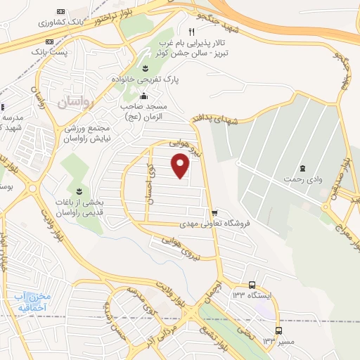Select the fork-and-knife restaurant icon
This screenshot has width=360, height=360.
(191, 32)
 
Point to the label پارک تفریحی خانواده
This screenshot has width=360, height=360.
(143, 80)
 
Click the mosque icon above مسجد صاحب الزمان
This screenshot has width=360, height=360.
(144, 96)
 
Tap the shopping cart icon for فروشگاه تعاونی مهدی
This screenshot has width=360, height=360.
(215, 212)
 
